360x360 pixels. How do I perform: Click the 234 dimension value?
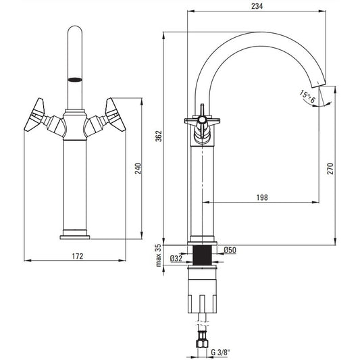coord(257,6)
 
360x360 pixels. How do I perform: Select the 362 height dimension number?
coord(159,136)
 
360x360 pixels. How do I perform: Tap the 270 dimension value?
coord(330,169)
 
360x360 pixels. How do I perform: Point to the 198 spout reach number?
coord(262,197)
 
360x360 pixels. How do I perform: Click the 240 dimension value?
coord(138,169)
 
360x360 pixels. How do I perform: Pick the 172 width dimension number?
coord(78,256)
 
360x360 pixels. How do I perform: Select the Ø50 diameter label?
coord(230,250)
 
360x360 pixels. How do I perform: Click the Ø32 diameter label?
coord(176,259)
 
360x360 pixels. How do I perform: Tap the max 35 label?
coord(159,255)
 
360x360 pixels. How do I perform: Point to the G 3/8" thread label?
coord(220,352)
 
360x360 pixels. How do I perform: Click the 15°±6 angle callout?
coord(307,97)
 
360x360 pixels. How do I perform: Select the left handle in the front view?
coord(34,115)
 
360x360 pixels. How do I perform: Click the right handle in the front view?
coord(115,115)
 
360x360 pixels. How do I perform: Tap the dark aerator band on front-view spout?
coord(75,80)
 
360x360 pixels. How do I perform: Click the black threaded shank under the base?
coord(202,255)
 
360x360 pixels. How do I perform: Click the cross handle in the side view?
coord(202,121)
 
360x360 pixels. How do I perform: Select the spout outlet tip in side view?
coord(319,84)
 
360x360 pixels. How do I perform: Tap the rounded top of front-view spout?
coord(75,30)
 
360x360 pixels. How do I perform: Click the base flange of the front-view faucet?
coord(75,237)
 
